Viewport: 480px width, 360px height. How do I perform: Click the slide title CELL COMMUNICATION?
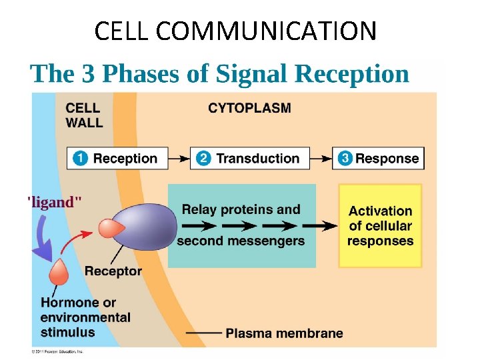point(235,31)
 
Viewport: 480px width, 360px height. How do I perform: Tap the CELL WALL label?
point(84,115)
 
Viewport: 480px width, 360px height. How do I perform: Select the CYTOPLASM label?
point(249,108)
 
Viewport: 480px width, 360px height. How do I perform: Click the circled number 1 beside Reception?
point(80,159)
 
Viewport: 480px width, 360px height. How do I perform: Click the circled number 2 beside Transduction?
point(204,159)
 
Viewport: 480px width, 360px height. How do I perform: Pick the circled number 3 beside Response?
point(345,159)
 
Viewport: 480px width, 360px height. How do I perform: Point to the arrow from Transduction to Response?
point(322,159)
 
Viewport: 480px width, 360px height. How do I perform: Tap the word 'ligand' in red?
point(55,201)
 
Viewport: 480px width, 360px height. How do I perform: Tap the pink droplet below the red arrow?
point(59,272)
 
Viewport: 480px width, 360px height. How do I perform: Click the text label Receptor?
point(113,271)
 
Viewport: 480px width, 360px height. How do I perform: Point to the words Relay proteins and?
point(241,209)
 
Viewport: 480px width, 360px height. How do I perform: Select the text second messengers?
point(241,241)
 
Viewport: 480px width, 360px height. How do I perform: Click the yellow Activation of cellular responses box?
point(380,225)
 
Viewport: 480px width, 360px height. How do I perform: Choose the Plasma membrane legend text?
point(284,333)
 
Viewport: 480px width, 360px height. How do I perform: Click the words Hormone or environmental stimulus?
point(85,317)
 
